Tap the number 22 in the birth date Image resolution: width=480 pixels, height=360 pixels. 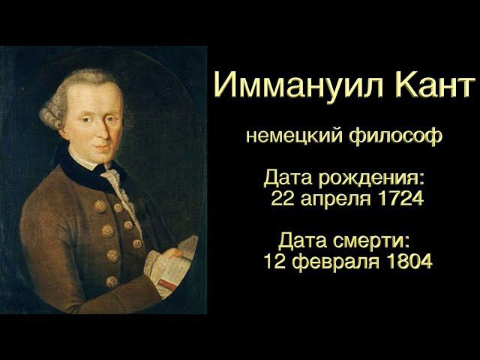(x=283, y=199)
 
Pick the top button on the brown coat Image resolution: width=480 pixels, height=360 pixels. (x=100, y=205)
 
